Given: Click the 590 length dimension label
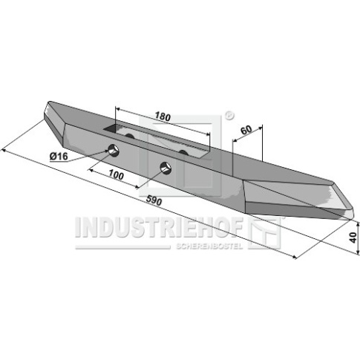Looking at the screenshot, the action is (x=154, y=200).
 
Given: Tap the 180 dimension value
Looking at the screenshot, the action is (x=163, y=117).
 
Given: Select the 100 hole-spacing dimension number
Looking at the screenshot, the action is (x=116, y=175).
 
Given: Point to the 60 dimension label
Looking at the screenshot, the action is (x=246, y=130).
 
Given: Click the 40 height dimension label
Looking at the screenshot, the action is (x=353, y=238).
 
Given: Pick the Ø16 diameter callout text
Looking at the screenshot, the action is (x=59, y=157).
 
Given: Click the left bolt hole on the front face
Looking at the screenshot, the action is (x=114, y=150).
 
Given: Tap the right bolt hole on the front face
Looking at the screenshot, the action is (x=166, y=167).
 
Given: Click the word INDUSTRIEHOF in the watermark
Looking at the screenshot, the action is (x=159, y=228).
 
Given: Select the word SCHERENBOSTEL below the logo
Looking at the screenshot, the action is (x=209, y=246).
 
